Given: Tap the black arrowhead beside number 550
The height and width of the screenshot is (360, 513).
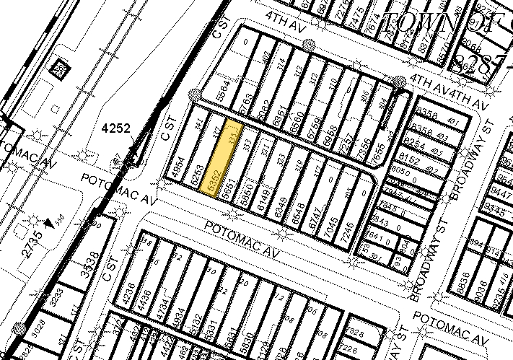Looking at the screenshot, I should [49, 224].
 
